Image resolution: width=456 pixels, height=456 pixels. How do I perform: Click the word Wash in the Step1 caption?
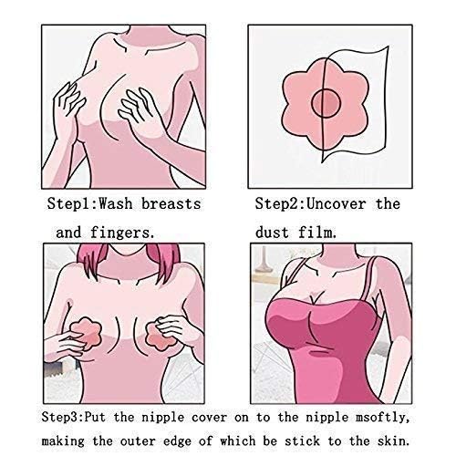(116, 203)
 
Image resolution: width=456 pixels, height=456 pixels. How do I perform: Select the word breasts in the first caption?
(171, 203)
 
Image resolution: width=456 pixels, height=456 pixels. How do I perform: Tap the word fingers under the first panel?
(120, 233)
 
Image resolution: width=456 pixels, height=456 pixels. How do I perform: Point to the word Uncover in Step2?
(336, 203)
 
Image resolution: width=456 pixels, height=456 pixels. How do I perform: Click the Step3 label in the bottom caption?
(60, 417)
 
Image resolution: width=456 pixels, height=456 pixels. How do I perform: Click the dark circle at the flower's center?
(326, 104)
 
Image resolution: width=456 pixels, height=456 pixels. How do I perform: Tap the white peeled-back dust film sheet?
(358, 100)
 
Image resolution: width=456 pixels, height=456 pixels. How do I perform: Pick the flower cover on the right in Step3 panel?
(158, 336)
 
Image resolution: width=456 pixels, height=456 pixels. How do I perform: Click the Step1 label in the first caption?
(70, 203)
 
